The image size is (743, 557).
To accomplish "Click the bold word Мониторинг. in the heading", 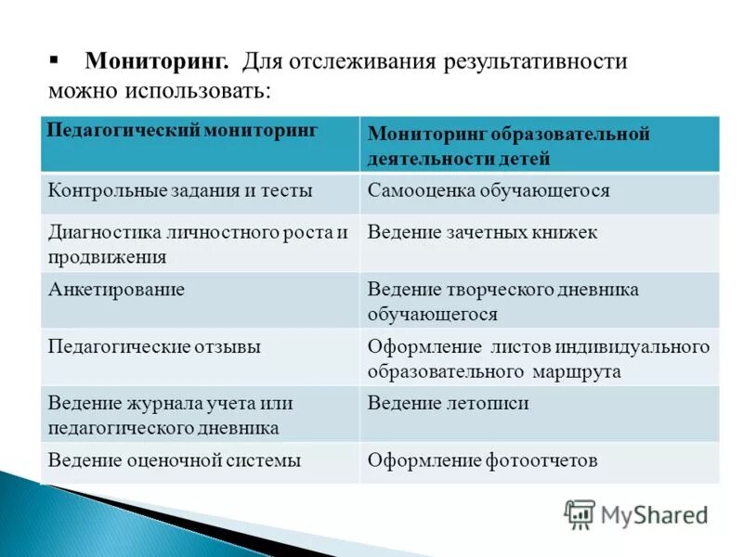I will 157,62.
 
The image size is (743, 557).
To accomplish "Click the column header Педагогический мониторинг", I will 183,130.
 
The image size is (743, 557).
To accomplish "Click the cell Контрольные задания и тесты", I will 180,190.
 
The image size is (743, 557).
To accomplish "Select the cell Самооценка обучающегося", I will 489,190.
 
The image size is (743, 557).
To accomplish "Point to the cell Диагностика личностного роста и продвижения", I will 197,243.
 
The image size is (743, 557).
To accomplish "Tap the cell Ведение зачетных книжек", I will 482,232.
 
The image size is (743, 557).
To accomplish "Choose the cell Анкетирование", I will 116,290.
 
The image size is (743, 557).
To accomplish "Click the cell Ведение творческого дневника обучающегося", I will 502,302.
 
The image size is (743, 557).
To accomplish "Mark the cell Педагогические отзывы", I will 154,347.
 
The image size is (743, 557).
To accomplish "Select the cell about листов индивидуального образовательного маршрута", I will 538,358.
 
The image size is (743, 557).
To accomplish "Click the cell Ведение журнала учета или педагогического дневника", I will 171,415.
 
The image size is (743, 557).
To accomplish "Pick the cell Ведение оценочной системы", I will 175,460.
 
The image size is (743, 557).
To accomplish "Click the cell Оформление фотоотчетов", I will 482,460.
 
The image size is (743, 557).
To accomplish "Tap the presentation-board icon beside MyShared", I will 580,514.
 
